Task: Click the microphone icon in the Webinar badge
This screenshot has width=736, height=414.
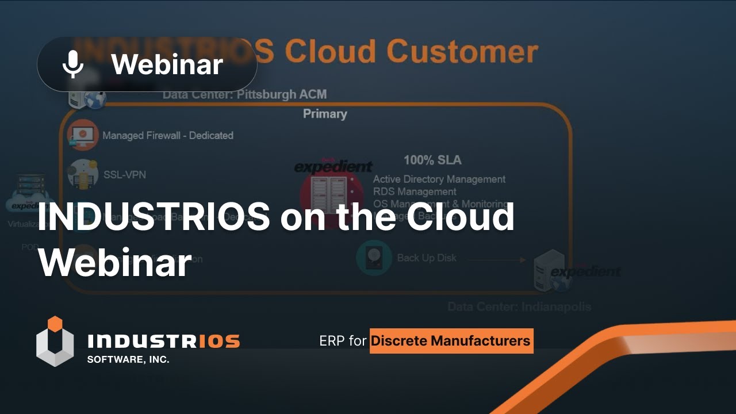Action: [x=73, y=64]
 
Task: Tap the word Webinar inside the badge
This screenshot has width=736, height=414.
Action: [x=167, y=64]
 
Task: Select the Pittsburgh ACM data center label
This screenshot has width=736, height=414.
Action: [x=244, y=94]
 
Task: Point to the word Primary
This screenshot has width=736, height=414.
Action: [x=325, y=113]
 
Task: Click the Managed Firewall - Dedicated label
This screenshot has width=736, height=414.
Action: [x=167, y=136]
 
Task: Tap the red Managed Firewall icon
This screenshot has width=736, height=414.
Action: [x=82, y=135]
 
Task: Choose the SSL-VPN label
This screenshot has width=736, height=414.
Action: [x=125, y=174]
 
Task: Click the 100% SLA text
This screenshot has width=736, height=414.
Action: [x=432, y=160]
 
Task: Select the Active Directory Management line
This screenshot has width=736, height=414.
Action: [x=439, y=179]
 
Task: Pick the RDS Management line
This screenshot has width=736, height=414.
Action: [x=414, y=191]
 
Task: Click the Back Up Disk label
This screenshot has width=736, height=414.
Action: [x=427, y=258]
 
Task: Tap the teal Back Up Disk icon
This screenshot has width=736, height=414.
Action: [x=374, y=258]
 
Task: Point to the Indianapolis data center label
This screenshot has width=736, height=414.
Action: [x=519, y=306]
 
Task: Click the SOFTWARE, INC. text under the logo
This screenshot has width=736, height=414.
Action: [x=128, y=359]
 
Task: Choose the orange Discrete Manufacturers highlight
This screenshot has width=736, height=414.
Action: [x=451, y=341]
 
